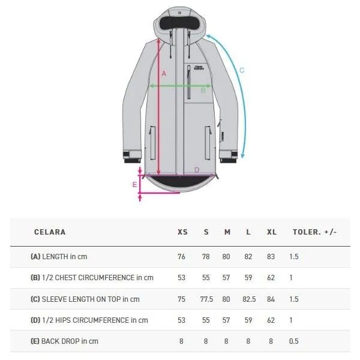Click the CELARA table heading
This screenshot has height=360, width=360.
coord(50,232)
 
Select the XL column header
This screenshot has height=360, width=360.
coord(272,232)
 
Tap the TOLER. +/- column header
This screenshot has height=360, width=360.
coord(314,232)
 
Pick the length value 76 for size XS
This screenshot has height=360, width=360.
coord(181,256)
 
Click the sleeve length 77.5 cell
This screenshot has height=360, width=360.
coord(206,299)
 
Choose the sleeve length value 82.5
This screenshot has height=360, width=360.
coord(249,299)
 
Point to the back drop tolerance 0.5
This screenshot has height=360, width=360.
coord(294,341)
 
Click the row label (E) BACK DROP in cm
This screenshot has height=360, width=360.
coord(64,341)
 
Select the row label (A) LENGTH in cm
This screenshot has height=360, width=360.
coord(59,256)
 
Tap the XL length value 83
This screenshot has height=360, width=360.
coord(271,256)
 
